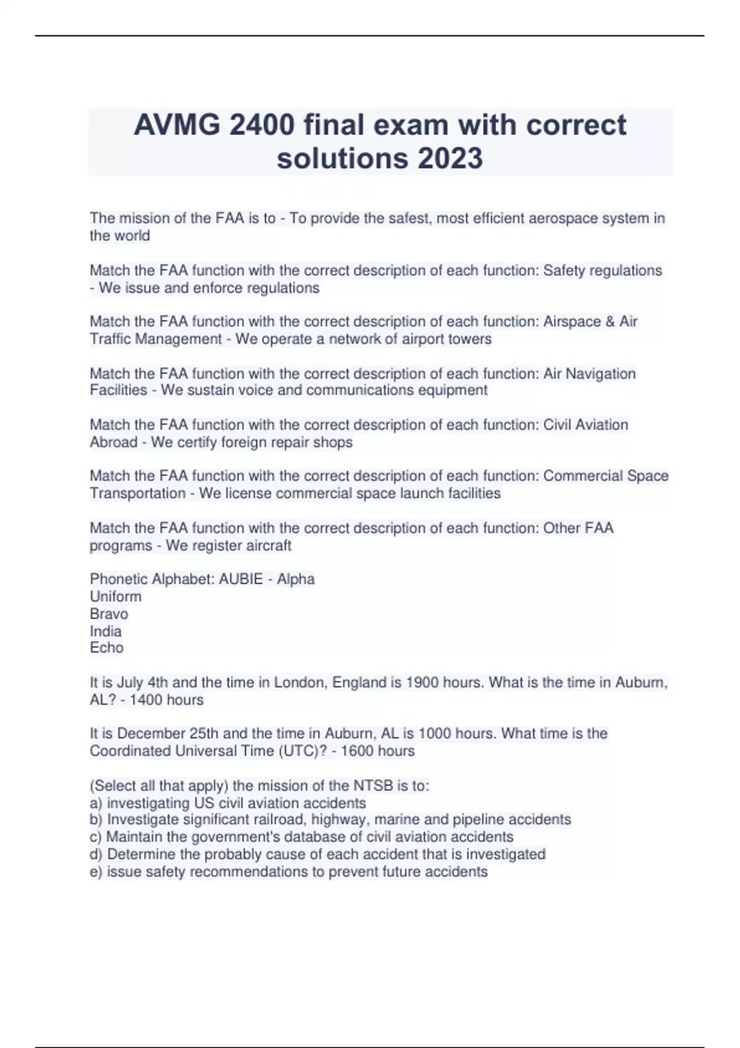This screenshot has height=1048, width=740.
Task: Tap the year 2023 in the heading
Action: pos(450,158)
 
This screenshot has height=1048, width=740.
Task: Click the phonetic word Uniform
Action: pos(115,596)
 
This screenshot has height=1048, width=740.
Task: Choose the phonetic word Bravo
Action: pos(109,614)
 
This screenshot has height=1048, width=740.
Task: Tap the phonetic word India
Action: pos(105,631)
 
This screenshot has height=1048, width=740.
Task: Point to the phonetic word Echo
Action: pos(107,648)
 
